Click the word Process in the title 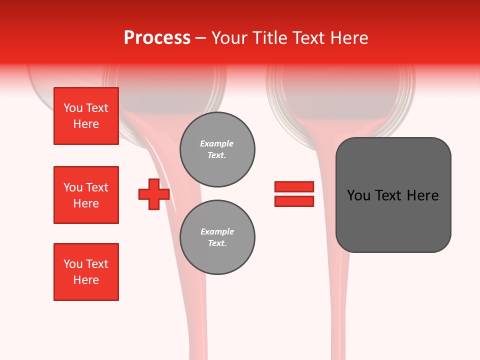(x=157, y=38)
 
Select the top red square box (x=86, y=116)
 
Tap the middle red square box (x=86, y=195)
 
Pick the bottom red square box (x=86, y=272)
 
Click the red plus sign (x=154, y=194)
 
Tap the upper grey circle (x=217, y=149)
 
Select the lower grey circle (x=217, y=237)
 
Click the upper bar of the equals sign (x=294, y=186)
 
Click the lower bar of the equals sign (x=294, y=201)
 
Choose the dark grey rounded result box (x=393, y=195)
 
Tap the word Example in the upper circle (x=216, y=143)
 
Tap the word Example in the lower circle (x=217, y=231)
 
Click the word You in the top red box (x=72, y=108)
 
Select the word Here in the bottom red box (x=86, y=280)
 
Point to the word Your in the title (x=229, y=38)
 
